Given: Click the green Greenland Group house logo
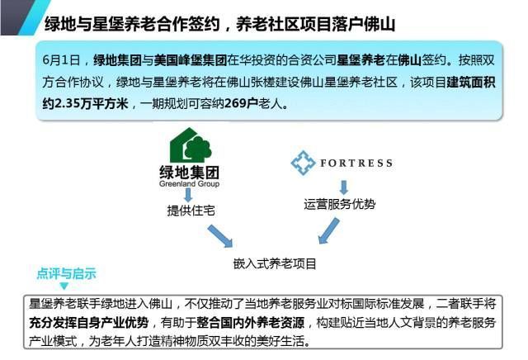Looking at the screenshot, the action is click(x=191, y=145).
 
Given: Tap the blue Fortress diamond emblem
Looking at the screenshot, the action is click(x=303, y=163).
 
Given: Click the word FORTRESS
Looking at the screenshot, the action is click(x=356, y=163).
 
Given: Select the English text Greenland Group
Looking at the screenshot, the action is click(x=189, y=183).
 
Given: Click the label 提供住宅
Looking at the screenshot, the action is click(x=191, y=211).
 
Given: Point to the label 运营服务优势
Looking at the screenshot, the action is click(x=339, y=204).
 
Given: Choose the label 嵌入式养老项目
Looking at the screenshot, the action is click(x=275, y=263).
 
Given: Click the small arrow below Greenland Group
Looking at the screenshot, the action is click(x=188, y=195).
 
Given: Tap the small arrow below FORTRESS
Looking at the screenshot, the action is click(x=343, y=187).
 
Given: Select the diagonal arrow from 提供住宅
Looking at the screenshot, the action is click(x=220, y=236).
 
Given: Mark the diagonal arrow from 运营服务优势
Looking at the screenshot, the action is click(x=328, y=230).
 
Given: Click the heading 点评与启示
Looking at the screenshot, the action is click(x=66, y=273).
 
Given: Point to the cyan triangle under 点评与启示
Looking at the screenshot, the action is click(x=64, y=287).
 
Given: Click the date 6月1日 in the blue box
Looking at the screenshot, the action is click(x=61, y=60).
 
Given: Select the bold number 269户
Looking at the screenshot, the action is click(x=237, y=103).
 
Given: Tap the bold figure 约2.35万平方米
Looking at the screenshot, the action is click(x=85, y=103).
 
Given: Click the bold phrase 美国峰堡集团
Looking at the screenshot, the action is click(x=191, y=60).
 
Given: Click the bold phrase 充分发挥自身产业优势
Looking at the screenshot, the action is click(x=89, y=323).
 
